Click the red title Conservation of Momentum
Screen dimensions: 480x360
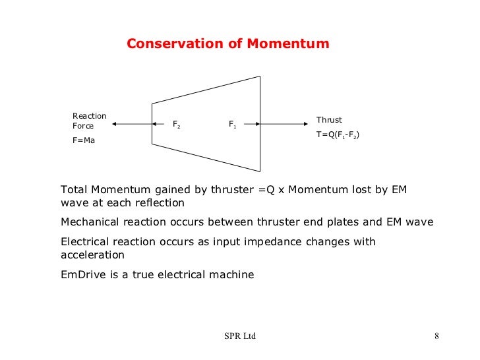227,44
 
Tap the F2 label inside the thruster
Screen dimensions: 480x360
177,123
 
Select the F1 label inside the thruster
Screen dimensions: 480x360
233,123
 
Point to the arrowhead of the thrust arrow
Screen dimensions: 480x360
308,123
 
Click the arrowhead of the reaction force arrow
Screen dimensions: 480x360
115,123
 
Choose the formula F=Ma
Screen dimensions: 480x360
84,139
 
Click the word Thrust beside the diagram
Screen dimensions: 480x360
329,120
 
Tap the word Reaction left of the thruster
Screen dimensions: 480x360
89,116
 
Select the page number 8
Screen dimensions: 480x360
436,337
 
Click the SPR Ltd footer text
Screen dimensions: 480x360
239,337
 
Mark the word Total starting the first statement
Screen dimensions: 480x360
74,190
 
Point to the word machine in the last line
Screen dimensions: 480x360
231,274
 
